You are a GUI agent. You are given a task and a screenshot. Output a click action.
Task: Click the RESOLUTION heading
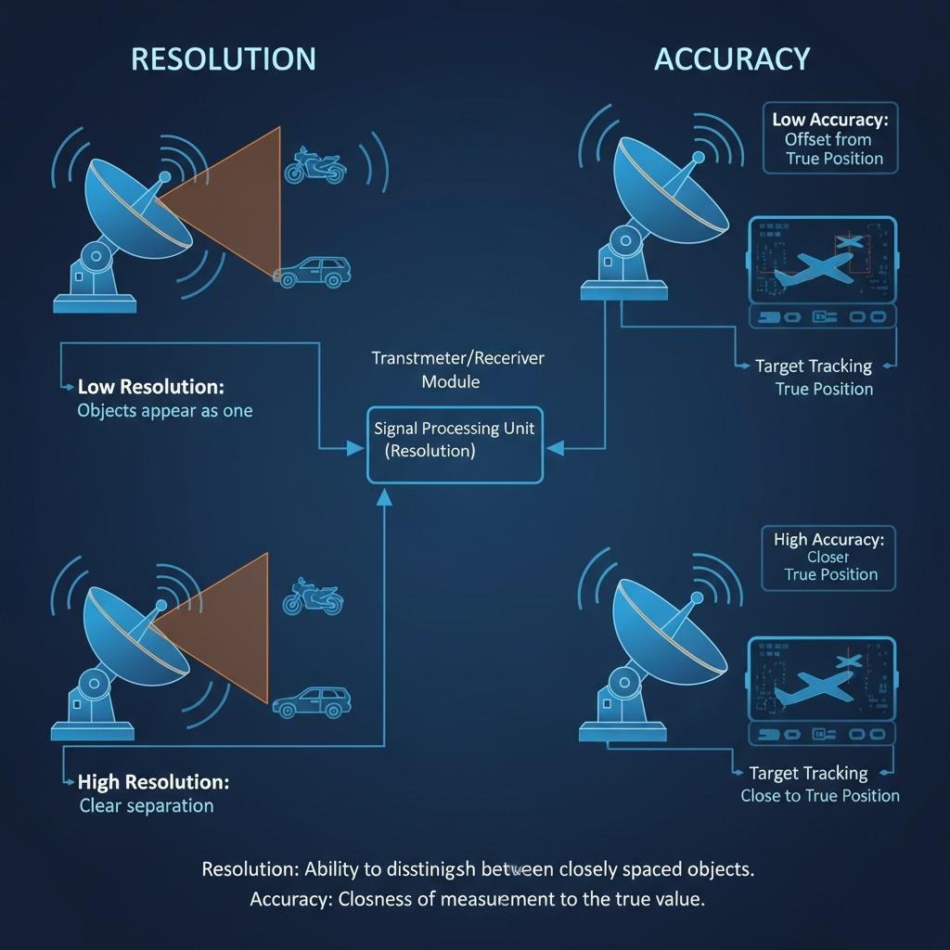tap(223, 58)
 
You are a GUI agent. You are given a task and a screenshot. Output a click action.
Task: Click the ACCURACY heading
tap(732, 58)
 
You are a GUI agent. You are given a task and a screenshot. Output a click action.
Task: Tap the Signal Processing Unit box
tap(455, 443)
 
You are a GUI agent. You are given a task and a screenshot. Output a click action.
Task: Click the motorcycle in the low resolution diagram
tap(315, 164)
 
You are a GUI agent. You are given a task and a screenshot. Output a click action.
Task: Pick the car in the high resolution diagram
tap(312, 701)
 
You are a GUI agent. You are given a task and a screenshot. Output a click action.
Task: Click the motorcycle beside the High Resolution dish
tap(313, 596)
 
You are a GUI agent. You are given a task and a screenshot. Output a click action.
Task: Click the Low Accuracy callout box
tap(830, 138)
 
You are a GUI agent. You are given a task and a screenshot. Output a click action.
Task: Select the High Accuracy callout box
tap(828, 557)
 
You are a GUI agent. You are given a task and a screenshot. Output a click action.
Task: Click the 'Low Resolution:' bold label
tap(150, 386)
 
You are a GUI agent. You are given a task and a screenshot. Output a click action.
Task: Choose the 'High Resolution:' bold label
tap(153, 782)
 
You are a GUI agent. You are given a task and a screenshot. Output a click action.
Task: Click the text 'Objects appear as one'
tap(164, 410)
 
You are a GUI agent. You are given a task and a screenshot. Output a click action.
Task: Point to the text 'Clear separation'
tap(147, 805)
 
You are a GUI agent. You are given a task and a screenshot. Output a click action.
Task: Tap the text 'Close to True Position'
tap(820, 795)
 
